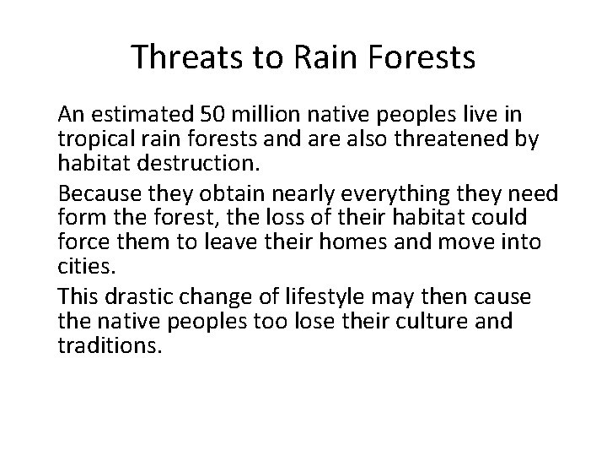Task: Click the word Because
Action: click(97, 194)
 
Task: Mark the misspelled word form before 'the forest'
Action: click(78, 216)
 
